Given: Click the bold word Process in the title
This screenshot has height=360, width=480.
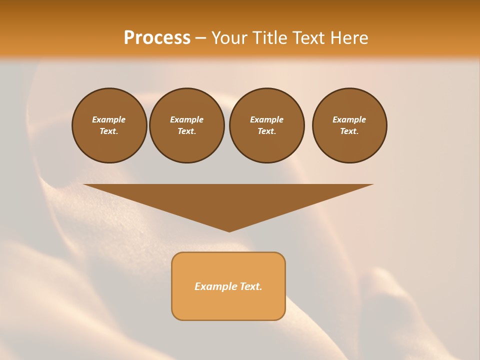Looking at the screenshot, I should (157, 38).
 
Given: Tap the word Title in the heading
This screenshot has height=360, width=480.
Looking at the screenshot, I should (270, 38).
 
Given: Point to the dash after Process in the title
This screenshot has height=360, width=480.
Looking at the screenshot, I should (201, 38).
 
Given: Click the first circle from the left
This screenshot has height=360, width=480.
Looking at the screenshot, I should (109, 125).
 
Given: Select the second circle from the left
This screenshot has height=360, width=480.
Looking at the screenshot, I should (186, 125).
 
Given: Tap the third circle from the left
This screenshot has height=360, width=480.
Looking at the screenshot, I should (266, 125).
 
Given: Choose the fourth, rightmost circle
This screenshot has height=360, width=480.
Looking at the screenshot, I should (349, 125).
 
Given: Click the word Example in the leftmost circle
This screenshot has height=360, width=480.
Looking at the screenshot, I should (109, 119).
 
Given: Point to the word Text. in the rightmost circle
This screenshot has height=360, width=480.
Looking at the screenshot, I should (349, 131).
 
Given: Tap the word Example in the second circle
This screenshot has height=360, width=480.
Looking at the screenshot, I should (186, 119).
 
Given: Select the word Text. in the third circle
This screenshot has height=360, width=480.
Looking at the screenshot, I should (266, 131).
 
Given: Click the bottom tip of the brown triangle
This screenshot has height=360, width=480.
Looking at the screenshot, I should (229, 231).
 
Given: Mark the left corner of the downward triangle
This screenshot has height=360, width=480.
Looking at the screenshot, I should (84, 185).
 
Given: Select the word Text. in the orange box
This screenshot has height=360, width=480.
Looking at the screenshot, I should (251, 286).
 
